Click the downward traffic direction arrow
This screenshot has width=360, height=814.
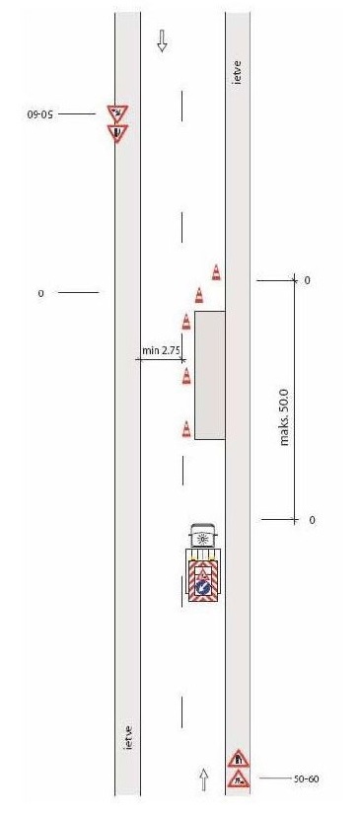pyautogui.click(x=162, y=40)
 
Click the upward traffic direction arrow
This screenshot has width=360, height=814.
pyautogui.click(x=204, y=779)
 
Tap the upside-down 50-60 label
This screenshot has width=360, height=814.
pyautogui.click(x=39, y=113)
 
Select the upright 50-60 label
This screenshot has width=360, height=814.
pyautogui.click(x=306, y=778)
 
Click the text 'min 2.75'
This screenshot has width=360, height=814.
pyautogui.click(x=161, y=350)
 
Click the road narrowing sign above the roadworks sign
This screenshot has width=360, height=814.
pyautogui.click(x=238, y=759)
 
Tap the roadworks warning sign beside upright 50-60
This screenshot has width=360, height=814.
pyautogui.click(x=238, y=778)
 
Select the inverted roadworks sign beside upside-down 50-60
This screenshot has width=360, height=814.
pyautogui.click(x=117, y=113)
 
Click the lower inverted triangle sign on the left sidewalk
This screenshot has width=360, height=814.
pyautogui.click(x=117, y=132)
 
